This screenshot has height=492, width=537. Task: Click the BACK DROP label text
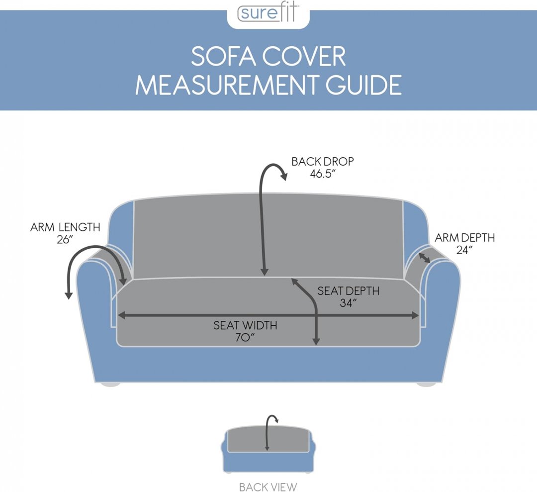point(323,162)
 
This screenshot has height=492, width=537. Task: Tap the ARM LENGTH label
point(65,227)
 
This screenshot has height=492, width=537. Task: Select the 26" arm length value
point(65,239)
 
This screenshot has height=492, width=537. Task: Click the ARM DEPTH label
point(465,238)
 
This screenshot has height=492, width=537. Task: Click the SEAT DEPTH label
point(348,291)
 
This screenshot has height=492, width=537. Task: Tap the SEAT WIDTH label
point(245,325)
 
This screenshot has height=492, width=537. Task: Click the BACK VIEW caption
point(268,487)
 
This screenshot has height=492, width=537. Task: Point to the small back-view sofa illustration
point(268,448)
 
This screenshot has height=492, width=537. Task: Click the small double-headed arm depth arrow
point(424,258)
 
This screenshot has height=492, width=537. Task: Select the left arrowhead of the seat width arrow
point(121,315)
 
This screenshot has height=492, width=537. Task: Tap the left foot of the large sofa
point(109,384)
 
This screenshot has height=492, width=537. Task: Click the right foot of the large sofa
point(427,384)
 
